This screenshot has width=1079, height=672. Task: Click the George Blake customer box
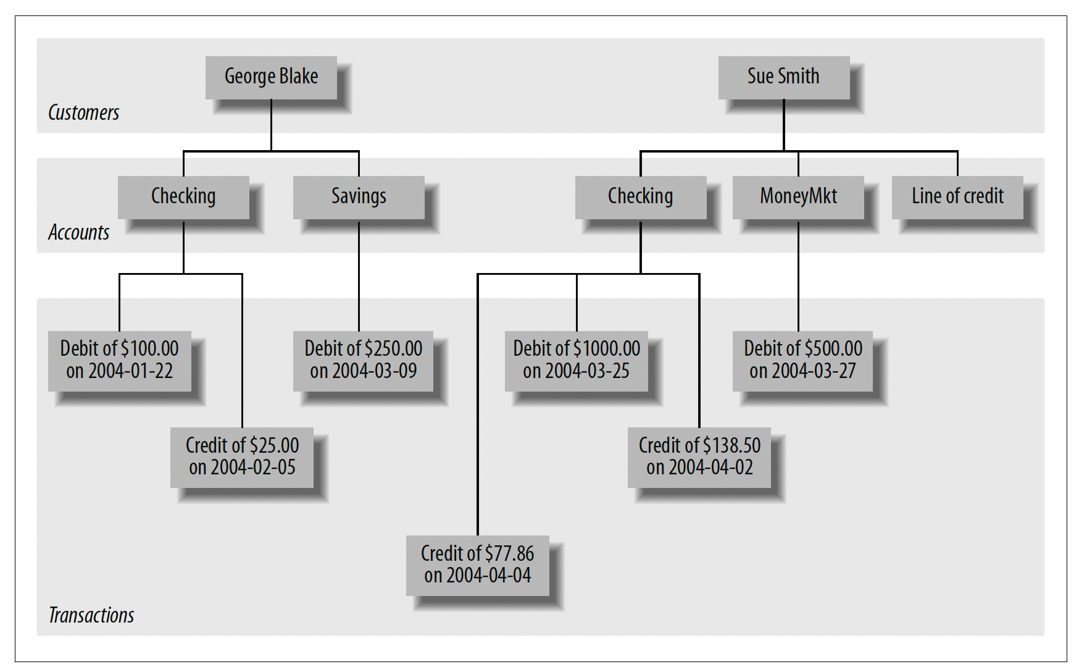(x=271, y=77)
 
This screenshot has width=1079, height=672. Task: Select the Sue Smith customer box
(x=784, y=77)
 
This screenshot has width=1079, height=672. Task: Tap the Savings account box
(x=359, y=197)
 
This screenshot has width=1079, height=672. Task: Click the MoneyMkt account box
(x=798, y=197)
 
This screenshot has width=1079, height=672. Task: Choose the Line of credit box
(x=957, y=197)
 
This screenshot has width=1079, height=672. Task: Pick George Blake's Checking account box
(x=183, y=197)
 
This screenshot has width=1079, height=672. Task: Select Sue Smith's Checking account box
(x=641, y=197)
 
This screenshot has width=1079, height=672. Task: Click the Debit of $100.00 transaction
(x=120, y=361)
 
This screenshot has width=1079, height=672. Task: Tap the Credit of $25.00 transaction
(x=242, y=457)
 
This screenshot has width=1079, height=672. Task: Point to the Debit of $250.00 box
(x=363, y=361)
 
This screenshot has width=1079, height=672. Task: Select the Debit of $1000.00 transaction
(x=577, y=361)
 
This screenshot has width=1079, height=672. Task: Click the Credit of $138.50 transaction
(x=699, y=457)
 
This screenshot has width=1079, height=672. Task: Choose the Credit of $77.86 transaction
(x=478, y=565)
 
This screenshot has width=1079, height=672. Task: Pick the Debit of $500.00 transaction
(x=802, y=361)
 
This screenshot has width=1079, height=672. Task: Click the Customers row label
(x=83, y=112)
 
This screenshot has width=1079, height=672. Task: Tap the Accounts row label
(x=78, y=232)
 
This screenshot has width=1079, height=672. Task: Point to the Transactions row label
(x=91, y=615)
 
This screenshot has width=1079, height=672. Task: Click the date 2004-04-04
(x=489, y=576)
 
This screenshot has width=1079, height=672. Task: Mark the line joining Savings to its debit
(x=359, y=275)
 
